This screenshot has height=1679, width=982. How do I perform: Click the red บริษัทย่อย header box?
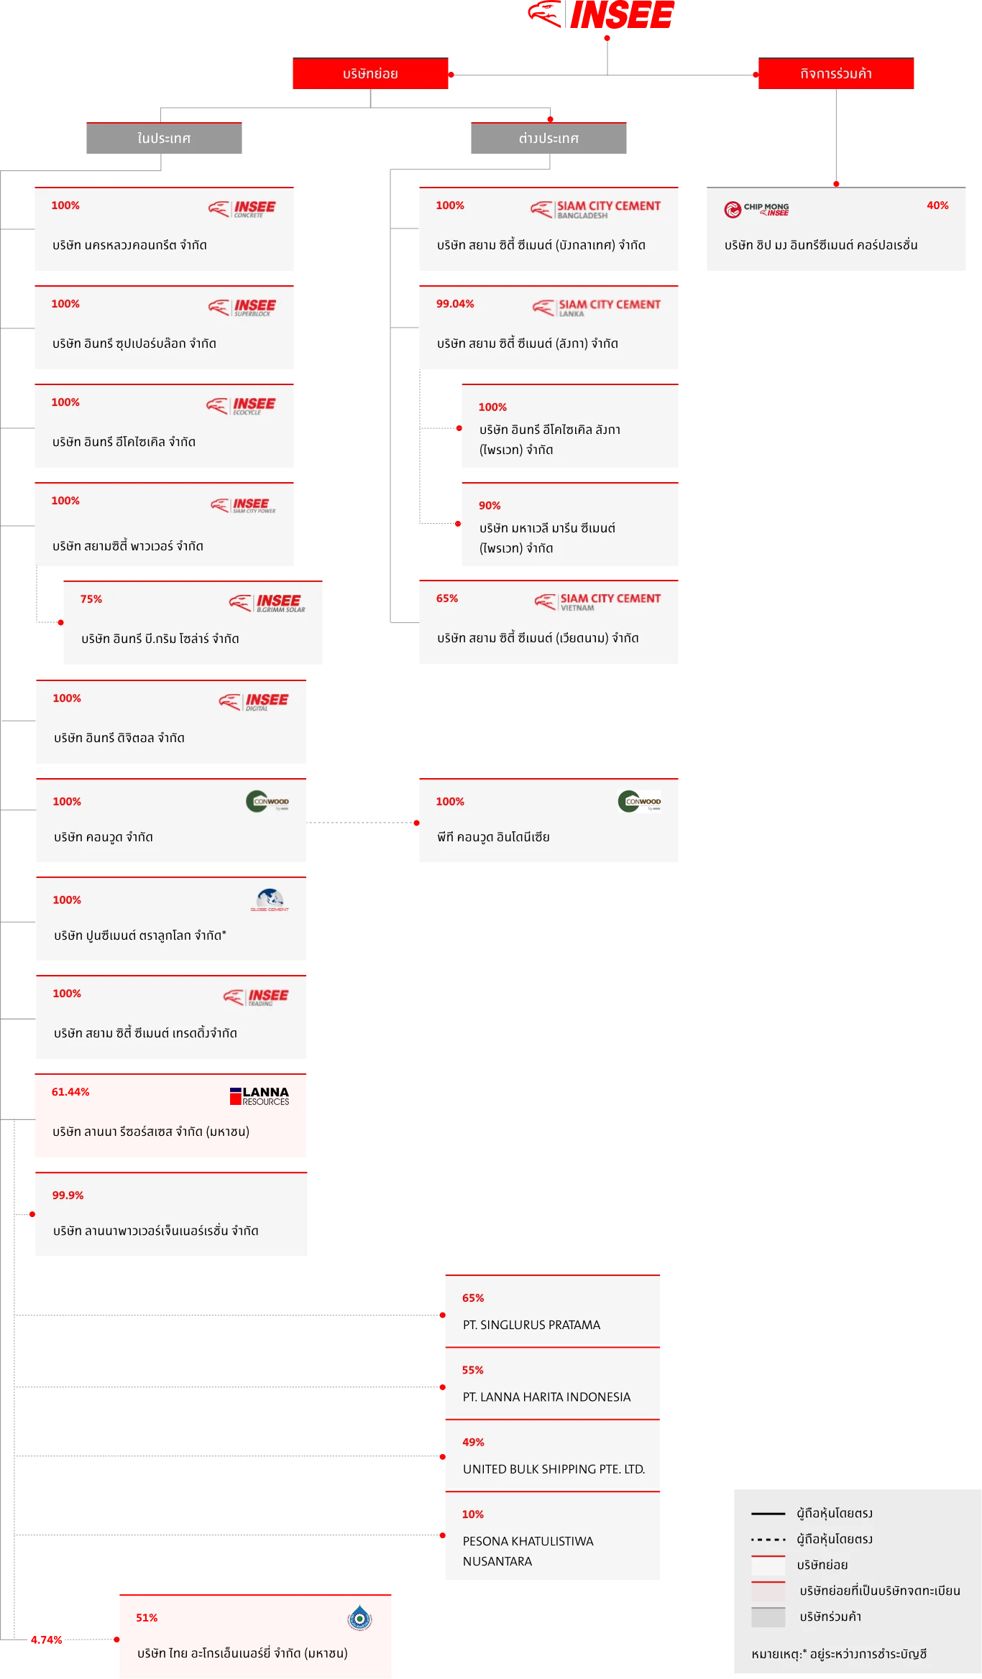pyautogui.click(x=370, y=74)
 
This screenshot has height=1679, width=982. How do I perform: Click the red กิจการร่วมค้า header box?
pyautogui.click(x=835, y=74)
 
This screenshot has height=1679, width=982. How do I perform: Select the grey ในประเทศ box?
pyautogui.click(x=166, y=139)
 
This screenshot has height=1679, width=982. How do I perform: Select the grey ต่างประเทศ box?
pyautogui.click(x=547, y=139)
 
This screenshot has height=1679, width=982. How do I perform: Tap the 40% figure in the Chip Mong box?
pyautogui.click(x=937, y=205)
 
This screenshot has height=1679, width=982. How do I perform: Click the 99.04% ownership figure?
pyautogui.click(x=455, y=304)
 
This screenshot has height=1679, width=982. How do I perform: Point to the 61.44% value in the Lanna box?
pyautogui.click(x=70, y=1092)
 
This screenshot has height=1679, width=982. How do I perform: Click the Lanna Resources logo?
pyautogui.click(x=260, y=1096)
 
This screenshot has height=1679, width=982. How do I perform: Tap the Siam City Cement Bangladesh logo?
pyautogui.click(x=596, y=209)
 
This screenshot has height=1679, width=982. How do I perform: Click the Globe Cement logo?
pyautogui.click(x=270, y=900)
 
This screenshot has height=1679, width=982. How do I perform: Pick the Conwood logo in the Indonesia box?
pyautogui.click(x=639, y=802)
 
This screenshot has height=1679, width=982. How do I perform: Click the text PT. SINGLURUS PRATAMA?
pyautogui.click(x=531, y=1325)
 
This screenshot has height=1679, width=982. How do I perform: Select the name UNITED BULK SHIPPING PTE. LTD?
pyautogui.click(x=554, y=1469)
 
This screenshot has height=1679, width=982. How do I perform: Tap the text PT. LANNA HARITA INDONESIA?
pyautogui.click(x=546, y=1397)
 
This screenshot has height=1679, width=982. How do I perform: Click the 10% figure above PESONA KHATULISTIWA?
pyautogui.click(x=473, y=1514)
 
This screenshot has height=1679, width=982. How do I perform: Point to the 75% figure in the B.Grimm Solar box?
pyautogui.click(x=91, y=599)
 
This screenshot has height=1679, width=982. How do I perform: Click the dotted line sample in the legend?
pyautogui.click(x=768, y=1540)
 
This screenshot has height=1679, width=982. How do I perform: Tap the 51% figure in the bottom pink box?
pyautogui.click(x=147, y=1618)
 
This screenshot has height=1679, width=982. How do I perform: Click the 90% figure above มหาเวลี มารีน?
pyautogui.click(x=490, y=506)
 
